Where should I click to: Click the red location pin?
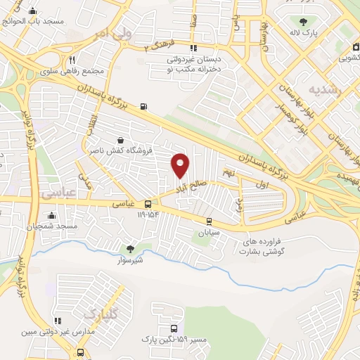click(x=181, y=165)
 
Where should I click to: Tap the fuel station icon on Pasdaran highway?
click(x=144, y=106)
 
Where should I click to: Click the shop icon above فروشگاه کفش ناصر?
click(x=122, y=139)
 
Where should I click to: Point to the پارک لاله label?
click(x=304, y=33)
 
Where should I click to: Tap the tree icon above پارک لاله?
click(x=303, y=22)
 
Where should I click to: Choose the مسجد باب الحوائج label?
click(x=33, y=21)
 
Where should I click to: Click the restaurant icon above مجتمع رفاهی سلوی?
click(x=72, y=60)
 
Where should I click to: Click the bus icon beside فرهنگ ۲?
click(x=173, y=49)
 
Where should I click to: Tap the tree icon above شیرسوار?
click(x=129, y=249)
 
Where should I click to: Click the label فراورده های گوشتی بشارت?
click(x=269, y=245)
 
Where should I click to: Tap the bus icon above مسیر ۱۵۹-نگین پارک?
click(x=174, y=328)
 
